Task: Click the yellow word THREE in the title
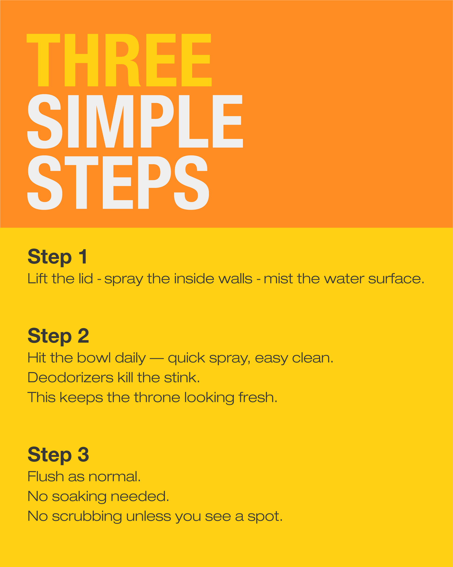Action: coord(119,60)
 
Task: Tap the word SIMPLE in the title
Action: coord(135,121)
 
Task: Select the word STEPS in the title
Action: coord(118,182)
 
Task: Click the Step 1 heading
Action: coord(57,257)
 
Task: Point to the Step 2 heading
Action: coord(58,336)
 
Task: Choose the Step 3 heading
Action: coord(58,455)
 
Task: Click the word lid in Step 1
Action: coord(86,278)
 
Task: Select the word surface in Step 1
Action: coord(396,278)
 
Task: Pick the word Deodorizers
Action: coord(71,378)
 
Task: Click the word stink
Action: coord(182,378)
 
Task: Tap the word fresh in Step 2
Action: coord(258,397)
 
